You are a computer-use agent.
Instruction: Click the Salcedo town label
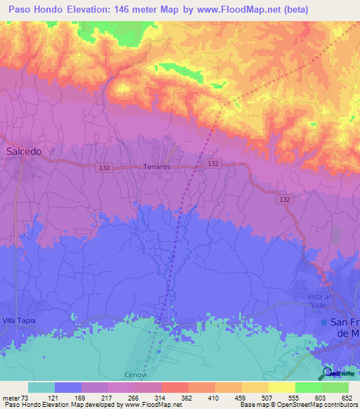point(25,151)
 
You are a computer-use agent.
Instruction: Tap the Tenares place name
point(157,167)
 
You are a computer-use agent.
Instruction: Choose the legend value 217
point(108,397)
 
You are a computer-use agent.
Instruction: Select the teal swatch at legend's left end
point(41,387)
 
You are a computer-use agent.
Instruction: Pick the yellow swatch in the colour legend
point(282,387)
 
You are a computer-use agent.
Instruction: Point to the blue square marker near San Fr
point(324,322)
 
